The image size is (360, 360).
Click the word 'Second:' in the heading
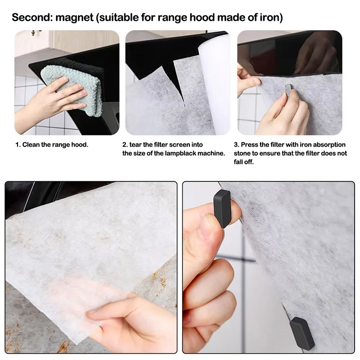(32, 18)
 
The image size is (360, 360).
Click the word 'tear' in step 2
(137, 145)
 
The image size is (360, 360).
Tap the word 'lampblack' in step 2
(182, 153)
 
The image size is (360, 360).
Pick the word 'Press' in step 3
(250, 145)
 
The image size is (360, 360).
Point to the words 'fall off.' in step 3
(244, 162)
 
